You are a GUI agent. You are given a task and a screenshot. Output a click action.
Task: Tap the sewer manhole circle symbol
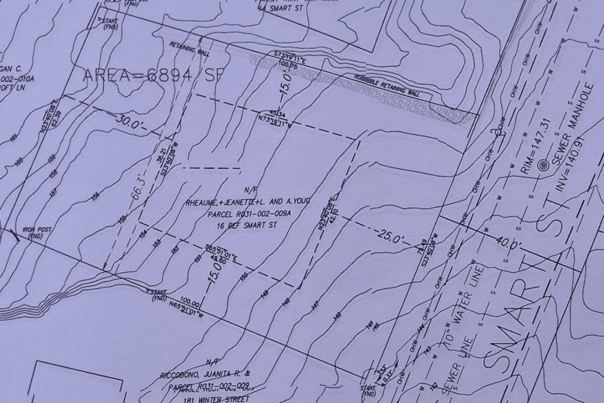tap(544, 167)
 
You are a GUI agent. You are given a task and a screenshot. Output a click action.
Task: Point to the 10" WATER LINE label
tap(464, 301)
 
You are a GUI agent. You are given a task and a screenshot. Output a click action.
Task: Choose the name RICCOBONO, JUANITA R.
tap(205, 375)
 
